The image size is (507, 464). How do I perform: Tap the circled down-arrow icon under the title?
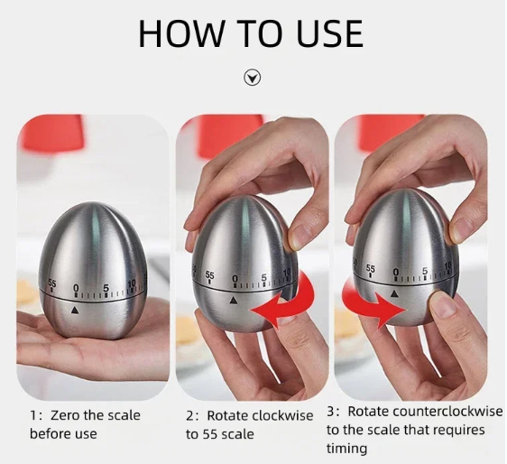(253, 78)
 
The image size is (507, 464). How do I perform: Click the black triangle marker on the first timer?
(75, 311)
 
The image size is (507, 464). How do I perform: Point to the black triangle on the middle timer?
(234, 301)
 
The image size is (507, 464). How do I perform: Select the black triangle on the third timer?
(394, 293)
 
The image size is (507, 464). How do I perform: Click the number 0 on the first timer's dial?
(76, 288)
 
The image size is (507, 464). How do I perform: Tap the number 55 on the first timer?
(52, 283)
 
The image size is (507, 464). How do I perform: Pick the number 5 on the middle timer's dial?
(264, 277)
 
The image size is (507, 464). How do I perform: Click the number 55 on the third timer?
(371, 269)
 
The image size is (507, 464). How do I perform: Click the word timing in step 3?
(346, 450)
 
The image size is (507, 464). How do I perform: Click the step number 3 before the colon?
(330, 412)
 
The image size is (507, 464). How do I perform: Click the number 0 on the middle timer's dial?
(235, 278)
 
